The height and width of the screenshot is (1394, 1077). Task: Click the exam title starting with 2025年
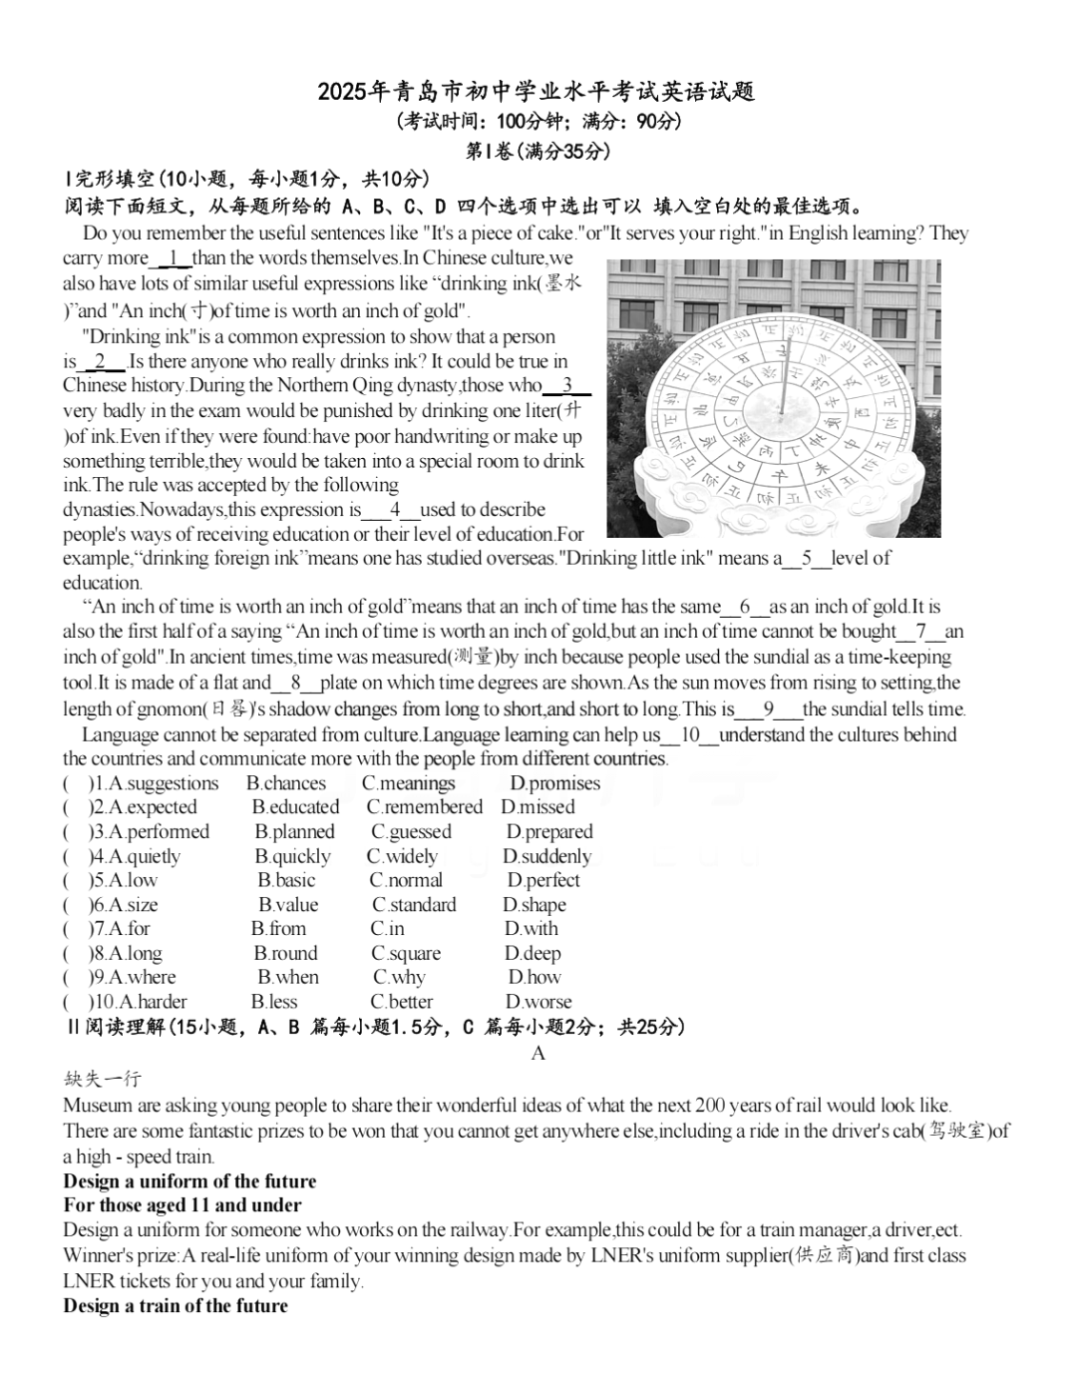point(537,92)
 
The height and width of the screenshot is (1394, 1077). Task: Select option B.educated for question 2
point(295,807)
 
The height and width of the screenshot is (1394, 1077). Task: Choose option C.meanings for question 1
point(408,783)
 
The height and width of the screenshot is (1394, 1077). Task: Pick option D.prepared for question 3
point(548,832)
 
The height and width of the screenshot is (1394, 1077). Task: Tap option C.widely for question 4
point(402,856)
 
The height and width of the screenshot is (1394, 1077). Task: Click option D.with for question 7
point(531,929)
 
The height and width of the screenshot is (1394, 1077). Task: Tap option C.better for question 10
point(402,1002)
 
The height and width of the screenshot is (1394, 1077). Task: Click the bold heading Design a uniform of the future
point(189,1181)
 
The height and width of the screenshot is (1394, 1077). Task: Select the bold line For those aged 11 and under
point(181,1205)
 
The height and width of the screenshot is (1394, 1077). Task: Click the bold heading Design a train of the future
point(176,1306)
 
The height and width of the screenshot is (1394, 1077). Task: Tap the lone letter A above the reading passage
point(538,1054)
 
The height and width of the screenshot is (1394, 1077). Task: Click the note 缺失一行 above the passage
point(103,1079)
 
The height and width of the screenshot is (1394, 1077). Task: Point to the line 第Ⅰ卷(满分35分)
point(538,152)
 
